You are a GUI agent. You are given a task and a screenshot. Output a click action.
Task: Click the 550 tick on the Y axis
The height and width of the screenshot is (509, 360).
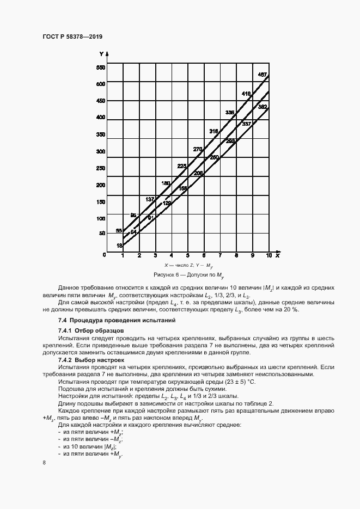click(x=100, y=68)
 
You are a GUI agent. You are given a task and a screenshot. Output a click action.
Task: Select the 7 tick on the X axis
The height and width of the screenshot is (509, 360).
click(x=220, y=255)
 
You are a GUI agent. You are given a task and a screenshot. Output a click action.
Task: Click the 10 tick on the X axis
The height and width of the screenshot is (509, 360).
click(x=269, y=255)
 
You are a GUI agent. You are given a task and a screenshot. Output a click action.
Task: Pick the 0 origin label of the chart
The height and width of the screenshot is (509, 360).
click(x=104, y=254)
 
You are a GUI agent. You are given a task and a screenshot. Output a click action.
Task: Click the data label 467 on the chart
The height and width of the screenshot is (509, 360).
click(x=262, y=75)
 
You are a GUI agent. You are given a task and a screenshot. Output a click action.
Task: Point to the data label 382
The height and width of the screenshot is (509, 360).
click(x=262, y=107)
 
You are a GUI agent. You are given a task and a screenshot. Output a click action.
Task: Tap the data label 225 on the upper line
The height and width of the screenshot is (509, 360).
click(x=182, y=166)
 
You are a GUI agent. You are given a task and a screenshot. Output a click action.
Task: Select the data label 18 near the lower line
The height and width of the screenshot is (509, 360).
click(x=119, y=246)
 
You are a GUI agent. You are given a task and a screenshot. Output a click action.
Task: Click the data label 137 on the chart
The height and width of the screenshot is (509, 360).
click(x=150, y=199)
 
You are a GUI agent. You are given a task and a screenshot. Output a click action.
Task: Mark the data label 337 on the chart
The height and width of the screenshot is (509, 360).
click(x=246, y=124)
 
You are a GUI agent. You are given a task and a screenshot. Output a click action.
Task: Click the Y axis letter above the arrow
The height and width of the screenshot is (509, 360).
click(x=101, y=54)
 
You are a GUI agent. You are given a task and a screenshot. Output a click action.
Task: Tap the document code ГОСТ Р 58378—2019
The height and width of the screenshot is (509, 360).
click(x=72, y=36)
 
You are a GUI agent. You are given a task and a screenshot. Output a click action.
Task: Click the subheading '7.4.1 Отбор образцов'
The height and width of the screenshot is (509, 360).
click(x=91, y=330)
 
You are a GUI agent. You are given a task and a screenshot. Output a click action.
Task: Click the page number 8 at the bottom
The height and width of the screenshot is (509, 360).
click(x=44, y=463)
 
